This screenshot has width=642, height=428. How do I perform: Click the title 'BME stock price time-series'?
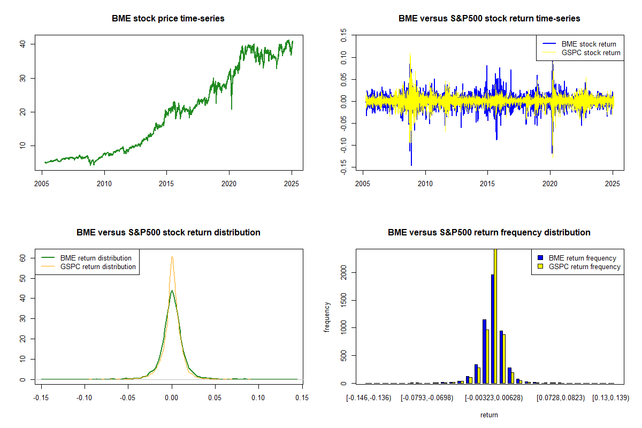point(168,18)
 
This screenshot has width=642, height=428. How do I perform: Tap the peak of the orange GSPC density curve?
point(172,257)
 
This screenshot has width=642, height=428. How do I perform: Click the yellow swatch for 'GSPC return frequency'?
point(541,266)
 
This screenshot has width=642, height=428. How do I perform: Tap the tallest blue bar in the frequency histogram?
point(492,328)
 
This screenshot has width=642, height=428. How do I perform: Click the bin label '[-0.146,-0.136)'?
point(369,398)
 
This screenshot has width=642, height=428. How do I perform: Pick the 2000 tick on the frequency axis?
point(344,272)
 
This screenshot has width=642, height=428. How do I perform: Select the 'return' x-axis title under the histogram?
point(489,415)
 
